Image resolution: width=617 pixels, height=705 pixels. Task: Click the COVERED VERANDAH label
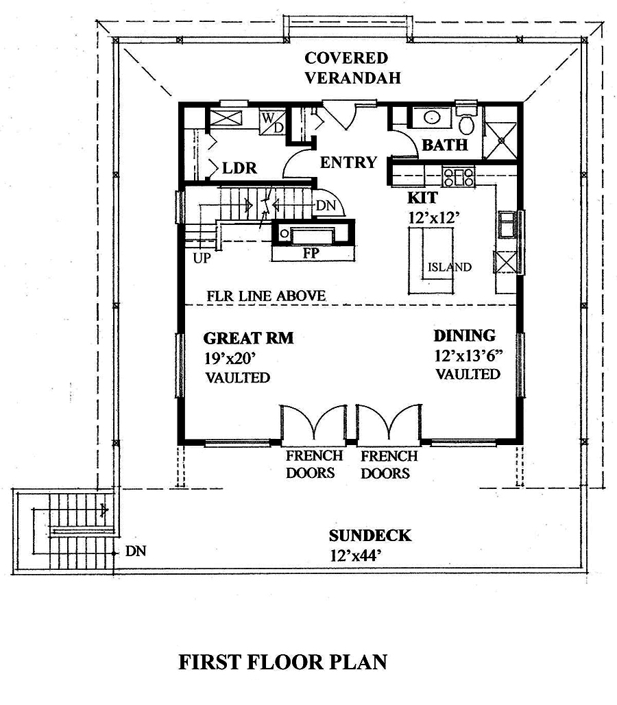346,67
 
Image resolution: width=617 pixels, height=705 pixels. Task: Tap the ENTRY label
348,163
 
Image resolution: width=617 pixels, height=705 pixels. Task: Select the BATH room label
444,145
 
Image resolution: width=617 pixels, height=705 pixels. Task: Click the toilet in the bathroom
467,124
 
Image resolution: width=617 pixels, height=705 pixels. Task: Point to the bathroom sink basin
432,117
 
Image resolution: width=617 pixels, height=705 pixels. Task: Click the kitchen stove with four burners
459,178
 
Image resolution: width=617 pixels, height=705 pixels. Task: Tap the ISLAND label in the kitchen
450,267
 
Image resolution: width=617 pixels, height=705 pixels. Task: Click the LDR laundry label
234,167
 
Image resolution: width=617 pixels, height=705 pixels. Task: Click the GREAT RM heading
249,337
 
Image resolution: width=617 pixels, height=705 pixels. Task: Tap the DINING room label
464,336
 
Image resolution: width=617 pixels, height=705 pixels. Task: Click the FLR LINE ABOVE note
266,296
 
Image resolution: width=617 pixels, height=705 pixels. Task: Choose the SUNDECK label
370,536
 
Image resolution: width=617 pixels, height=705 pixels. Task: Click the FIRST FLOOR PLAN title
282,662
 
